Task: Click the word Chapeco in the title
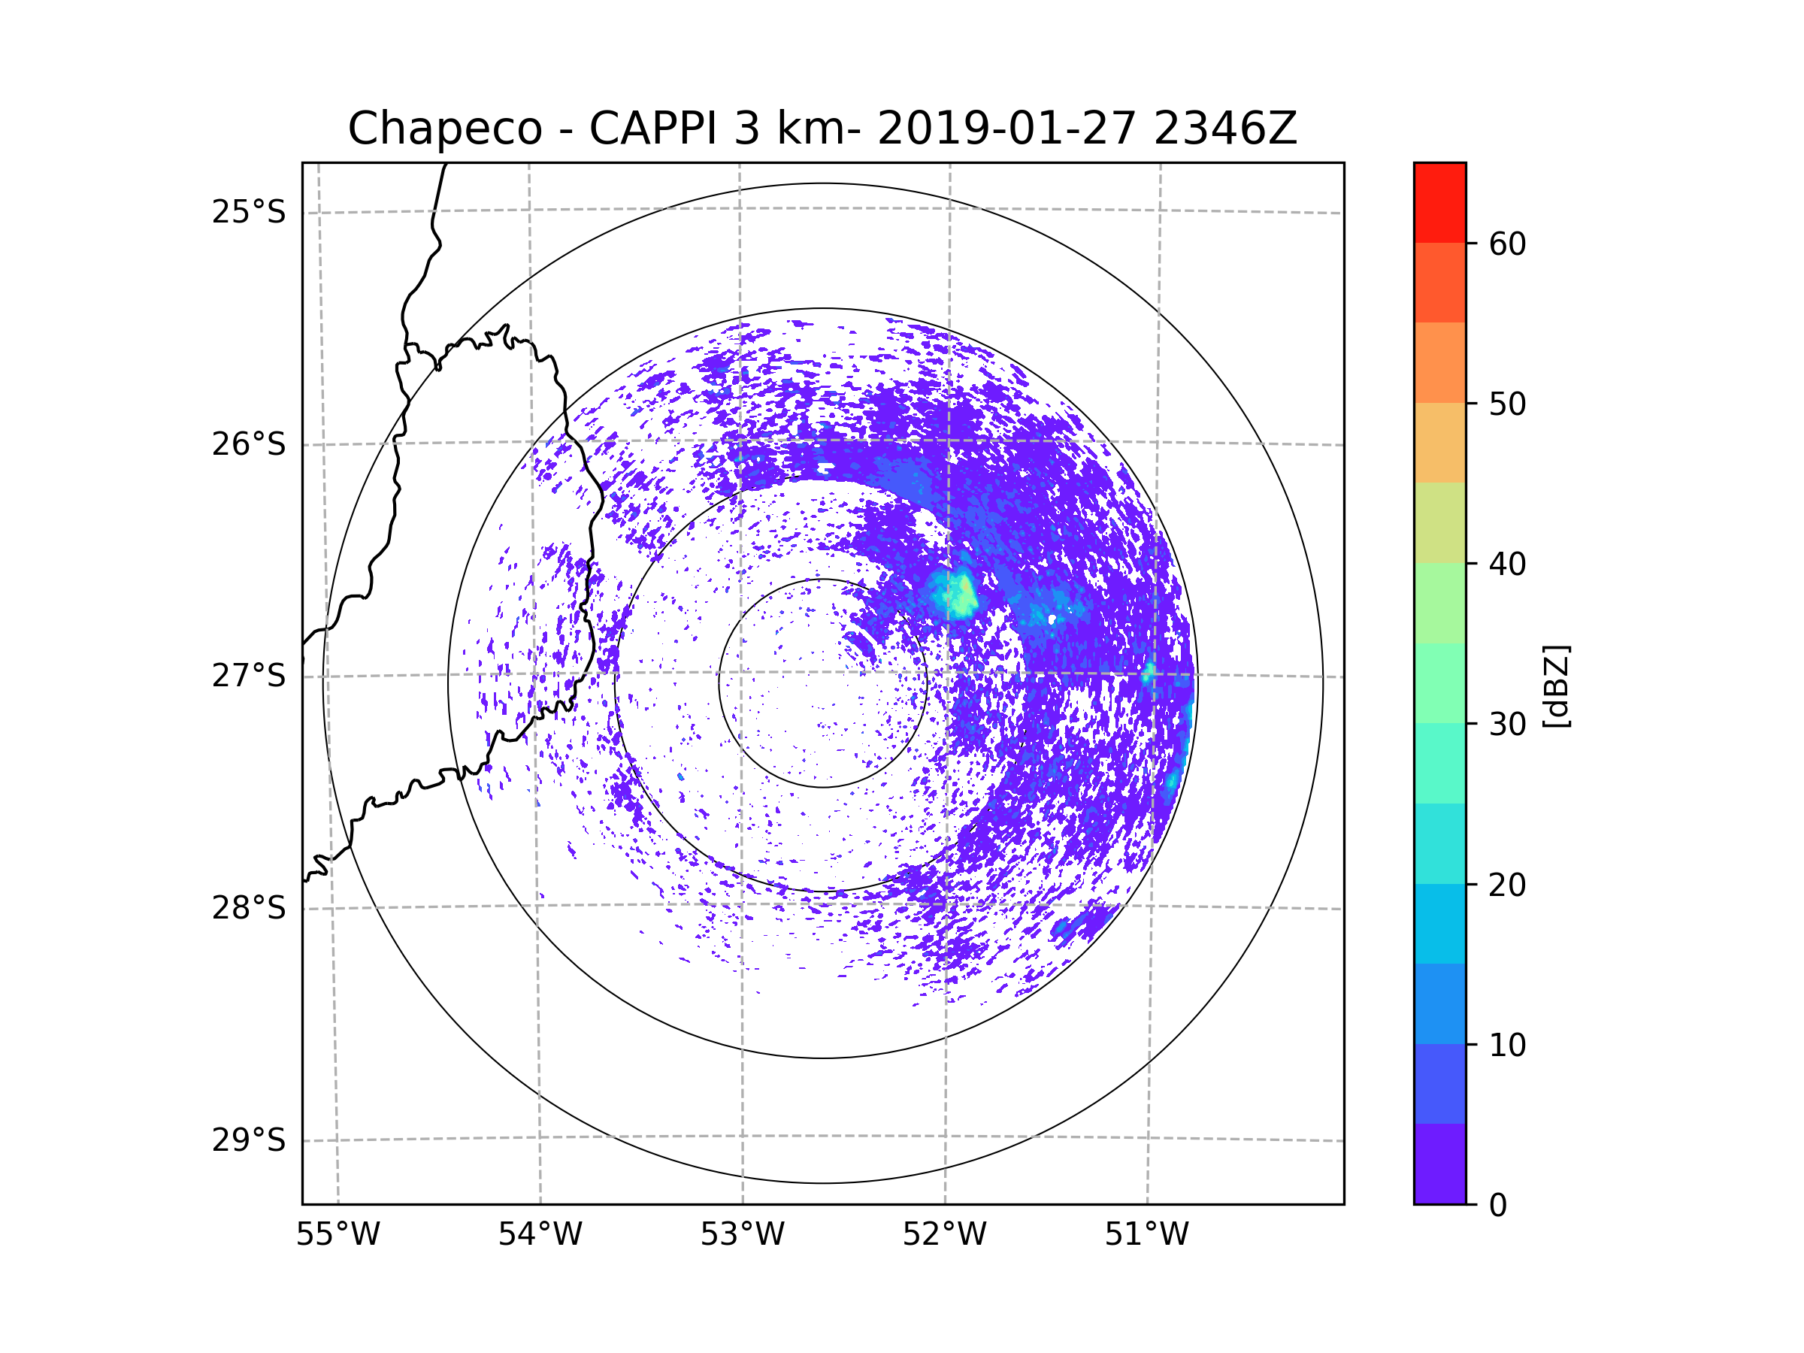click(444, 129)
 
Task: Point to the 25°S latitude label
click(249, 212)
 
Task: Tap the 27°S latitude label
click(249, 675)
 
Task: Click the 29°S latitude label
click(249, 1140)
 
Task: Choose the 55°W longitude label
click(337, 1234)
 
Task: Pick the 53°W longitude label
click(742, 1234)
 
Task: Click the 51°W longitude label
click(1146, 1234)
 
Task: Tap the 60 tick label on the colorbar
click(1507, 244)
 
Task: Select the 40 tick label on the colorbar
click(1507, 564)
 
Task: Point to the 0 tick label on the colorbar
click(1498, 1206)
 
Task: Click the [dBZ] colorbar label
click(1556, 686)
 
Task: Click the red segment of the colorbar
click(1439, 202)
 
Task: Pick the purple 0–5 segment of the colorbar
click(1439, 1164)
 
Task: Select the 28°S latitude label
click(249, 907)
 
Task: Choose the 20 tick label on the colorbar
click(1507, 885)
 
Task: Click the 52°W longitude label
click(944, 1234)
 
